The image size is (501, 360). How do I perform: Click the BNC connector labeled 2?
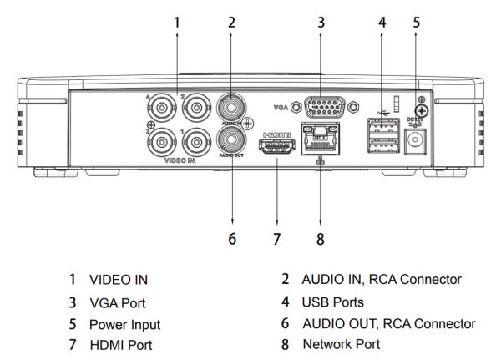click(x=195, y=108)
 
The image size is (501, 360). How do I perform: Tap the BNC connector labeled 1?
click(x=195, y=139)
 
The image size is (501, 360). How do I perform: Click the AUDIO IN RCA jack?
click(x=230, y=107)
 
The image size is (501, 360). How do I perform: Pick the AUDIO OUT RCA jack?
click(x=230, y=137)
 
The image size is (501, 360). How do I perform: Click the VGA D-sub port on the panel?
click(x=321, y=109)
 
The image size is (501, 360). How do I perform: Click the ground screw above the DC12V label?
click(x=422, y=109)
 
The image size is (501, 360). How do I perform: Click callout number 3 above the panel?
click(x=321, y=23)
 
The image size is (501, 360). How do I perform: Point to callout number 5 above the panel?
click(x=416, y=23)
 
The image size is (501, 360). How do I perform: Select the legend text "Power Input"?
click(x=125, y=324)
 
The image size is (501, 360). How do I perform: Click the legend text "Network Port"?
click(x=341, y=343)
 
